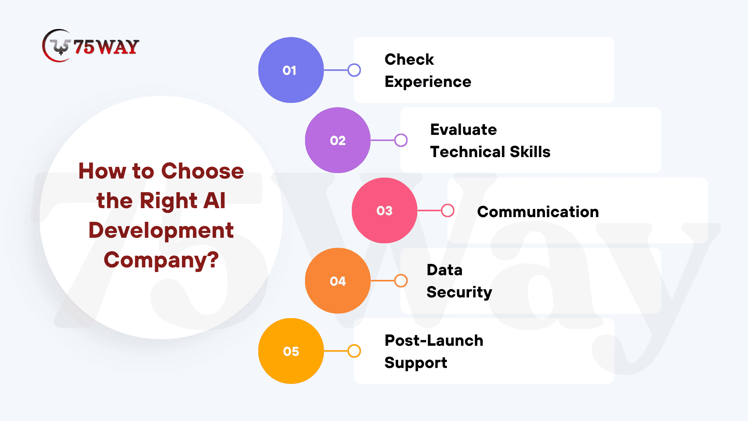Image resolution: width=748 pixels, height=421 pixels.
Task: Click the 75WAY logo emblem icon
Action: pos(57,46)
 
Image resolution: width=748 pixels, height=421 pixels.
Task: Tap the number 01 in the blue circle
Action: pos(289,71)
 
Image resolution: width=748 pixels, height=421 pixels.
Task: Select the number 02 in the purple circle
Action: pos(338,141)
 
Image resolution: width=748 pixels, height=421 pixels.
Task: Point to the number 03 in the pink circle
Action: pos(385,211)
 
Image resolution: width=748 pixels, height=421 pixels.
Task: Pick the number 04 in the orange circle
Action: pos(338,281)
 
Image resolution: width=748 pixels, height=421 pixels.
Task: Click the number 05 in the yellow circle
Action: pos(291,351)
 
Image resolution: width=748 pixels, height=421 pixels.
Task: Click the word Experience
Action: pos(428,82)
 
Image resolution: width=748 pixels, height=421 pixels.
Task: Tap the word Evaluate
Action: pos(464,129)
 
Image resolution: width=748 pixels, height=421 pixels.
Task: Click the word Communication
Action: pos(538,212)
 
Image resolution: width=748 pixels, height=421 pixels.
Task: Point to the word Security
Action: pos(459,292)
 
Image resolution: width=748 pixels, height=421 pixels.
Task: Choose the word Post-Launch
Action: pos(434,340)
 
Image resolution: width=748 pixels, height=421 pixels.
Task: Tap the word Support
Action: pos(416,363)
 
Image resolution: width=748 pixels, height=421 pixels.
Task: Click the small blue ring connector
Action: pos(354,64)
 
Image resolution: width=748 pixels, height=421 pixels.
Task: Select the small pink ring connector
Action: pos(448,204)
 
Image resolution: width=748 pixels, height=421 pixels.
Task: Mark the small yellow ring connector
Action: pos(354,345)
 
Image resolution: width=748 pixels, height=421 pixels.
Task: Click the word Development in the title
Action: pos(161,230)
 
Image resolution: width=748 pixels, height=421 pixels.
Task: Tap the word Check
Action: pos(409,59)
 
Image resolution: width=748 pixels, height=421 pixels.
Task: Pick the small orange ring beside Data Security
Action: pos(401,274)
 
